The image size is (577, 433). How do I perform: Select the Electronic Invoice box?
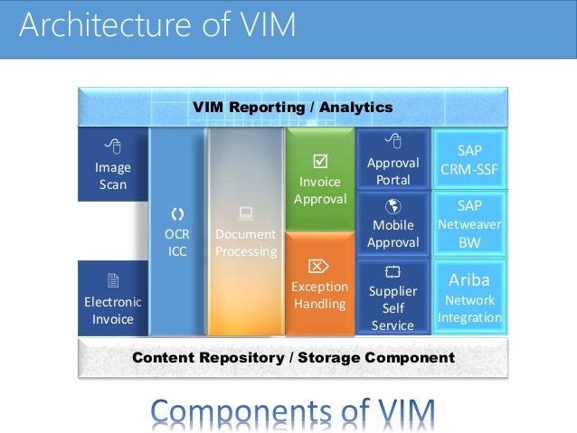click(113, 298)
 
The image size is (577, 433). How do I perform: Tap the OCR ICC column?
click(177, 233)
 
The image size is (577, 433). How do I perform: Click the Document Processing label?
click(245, 242)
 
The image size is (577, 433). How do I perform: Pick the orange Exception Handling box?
click(320, 285)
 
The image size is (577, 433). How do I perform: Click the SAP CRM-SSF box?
click(469, 160)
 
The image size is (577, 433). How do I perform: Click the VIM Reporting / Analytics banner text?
click(292, 108)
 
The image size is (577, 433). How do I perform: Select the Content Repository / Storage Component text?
click(293, 358)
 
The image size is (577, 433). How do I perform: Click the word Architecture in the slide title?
click(97, 24)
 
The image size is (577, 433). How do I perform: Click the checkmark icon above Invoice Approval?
click(318, 162)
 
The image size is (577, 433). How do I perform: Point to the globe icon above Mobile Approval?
click(393, 205)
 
